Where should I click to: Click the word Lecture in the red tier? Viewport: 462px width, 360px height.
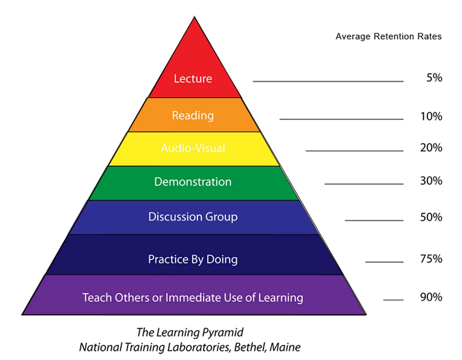pyautogui.click(x=193, y=79)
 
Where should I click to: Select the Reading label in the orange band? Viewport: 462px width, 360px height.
pyautogui.click(x=193, y=115)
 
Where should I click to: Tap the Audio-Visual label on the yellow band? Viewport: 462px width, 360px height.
pyautogui.click(x=193, y=148)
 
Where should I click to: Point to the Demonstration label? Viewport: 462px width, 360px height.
pyautogui.click(x=193, y=182)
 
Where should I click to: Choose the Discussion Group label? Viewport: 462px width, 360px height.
pyautogui.click(x=193, y=217)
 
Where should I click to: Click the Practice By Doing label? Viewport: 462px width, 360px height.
pyautogui.click(x=193, y=259)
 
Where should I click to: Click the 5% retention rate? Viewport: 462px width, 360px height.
pyautogui.click(x=434, y=78)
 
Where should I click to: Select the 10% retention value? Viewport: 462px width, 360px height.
pyautogui.click(x=431, y=116)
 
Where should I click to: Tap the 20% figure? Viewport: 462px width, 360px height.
pyautogui.click(x=431, y=148)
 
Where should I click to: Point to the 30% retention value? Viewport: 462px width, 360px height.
pyautogui.click(x=431, y=181)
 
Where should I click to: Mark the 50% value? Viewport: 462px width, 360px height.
pyautogui.click(x=431, y=217)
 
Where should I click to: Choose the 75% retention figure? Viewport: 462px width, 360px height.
pyautogui.click(x=431, y=259)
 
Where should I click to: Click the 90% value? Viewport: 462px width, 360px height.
pyautogui.click(x=431, y=297)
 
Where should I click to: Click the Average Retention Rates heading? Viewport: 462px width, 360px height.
pyautogui.click(x=388, y=36)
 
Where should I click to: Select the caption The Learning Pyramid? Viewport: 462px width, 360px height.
pyautogui.click(x=190, y=332)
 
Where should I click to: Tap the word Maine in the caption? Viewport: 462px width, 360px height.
pyautogui.click(x=285, y=347)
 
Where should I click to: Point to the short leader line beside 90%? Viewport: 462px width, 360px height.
pyautogui.click(x=393, y=300)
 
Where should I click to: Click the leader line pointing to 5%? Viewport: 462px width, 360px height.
pyautogui.click(x=328, y=81)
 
